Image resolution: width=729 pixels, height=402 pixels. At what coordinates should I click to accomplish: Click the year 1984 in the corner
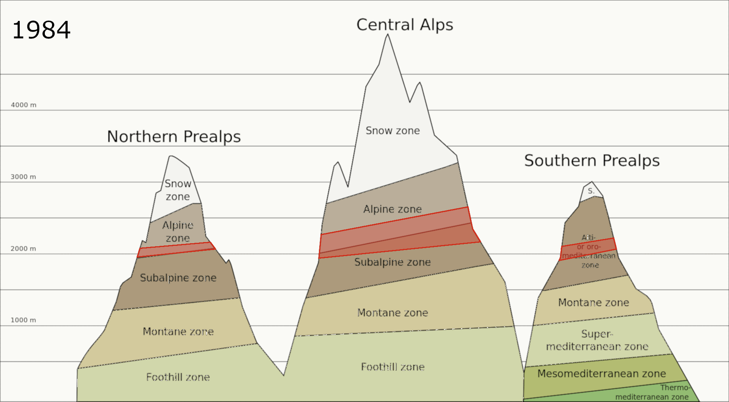pyautogui.click(x=41, y=30)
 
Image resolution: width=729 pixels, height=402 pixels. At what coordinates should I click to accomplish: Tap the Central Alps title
pyautogui.click(x=404, y=25)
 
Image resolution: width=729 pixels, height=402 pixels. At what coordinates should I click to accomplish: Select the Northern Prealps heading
pyautogui.click(x=174, y=137)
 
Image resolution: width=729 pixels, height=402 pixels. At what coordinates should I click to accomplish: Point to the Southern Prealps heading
pyautogui.click(x=592, y=161)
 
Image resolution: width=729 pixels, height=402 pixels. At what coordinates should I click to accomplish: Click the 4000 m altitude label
pyautogui.click(x=24, y=105)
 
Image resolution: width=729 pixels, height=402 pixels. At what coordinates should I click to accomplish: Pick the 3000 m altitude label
pyautogui.click(x=24, y=177)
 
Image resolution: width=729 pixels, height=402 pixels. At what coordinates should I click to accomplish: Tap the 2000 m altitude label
pyautogui.click(x=24, y=248)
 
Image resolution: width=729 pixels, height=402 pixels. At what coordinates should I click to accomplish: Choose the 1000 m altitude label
pyautogui.click(x=24, y=320)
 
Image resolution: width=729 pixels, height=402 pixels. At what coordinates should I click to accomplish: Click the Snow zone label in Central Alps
pyautogui.click(x=393, y=131)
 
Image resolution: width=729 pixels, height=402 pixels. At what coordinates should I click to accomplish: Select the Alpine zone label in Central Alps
pyautogui.click(x=392, y=209)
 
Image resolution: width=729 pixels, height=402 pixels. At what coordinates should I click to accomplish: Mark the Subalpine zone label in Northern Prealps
pyautogui.click(x=178, y=278)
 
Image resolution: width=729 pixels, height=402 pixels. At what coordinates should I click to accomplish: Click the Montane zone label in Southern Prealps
pyautogui.click(x=593, y=302)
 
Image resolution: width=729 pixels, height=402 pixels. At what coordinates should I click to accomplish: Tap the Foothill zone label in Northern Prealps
pyautogui.click(x=178, y=377)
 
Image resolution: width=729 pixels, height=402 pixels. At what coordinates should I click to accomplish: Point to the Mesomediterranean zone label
pyautogui.click(x=601, y=374)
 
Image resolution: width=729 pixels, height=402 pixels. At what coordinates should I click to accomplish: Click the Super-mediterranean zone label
pyautogui.click(x=597, y=340)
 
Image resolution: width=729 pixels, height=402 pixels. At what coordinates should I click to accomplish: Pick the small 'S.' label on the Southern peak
pyautogui.click(x=591, y=191)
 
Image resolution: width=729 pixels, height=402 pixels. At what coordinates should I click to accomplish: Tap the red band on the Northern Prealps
pyautogui.click(x=177, y=250)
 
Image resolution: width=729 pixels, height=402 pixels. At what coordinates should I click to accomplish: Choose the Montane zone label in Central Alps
pyautogui.click(x=392, y=313)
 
